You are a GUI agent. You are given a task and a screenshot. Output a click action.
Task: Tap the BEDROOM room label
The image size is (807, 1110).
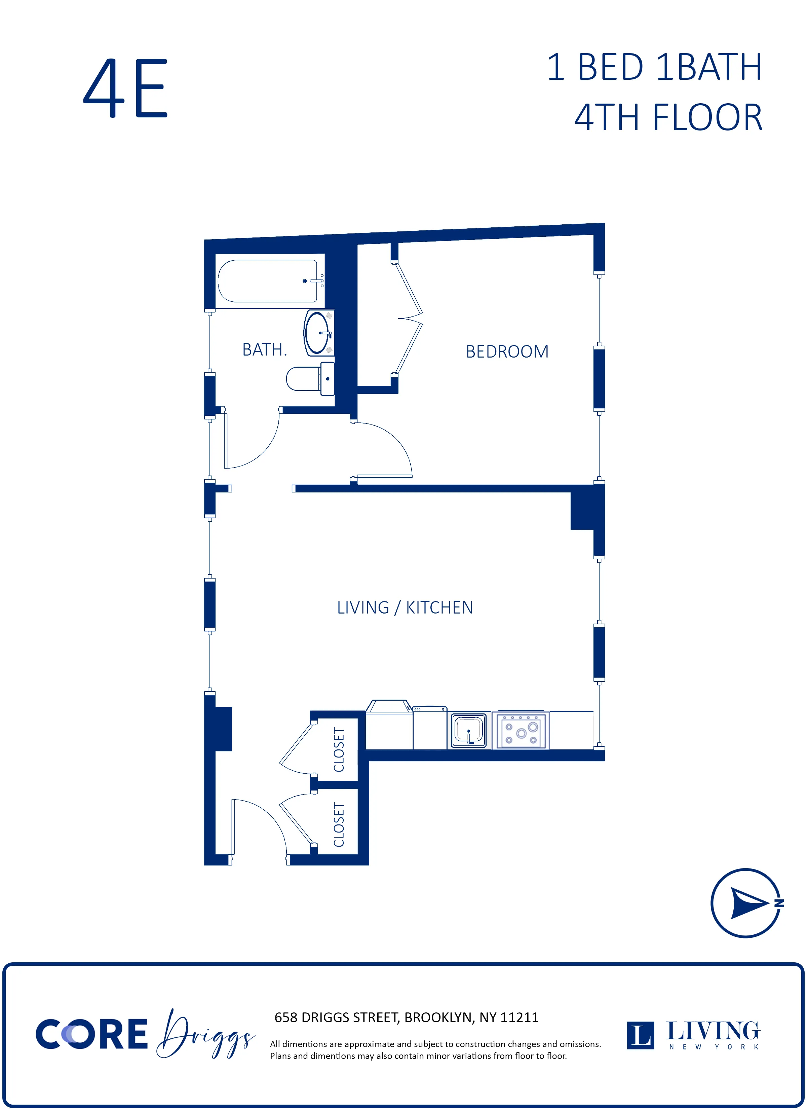coord(507,351)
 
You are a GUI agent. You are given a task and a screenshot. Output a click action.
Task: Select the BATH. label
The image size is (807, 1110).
coord(264,349)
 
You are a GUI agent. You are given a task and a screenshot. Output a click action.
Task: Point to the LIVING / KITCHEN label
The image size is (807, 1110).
coord(405,607)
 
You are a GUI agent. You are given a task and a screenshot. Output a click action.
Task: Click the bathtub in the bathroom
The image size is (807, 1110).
coord(268,281)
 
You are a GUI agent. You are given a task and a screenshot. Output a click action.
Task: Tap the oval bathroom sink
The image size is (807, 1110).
coord(317,333)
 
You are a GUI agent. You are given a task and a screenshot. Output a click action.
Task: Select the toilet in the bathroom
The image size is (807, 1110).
coord(308,378)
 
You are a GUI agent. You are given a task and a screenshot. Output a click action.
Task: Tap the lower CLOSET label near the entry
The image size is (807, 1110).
coord(339,825)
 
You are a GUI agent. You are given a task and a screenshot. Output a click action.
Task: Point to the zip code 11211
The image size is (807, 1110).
coord(520,1017)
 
